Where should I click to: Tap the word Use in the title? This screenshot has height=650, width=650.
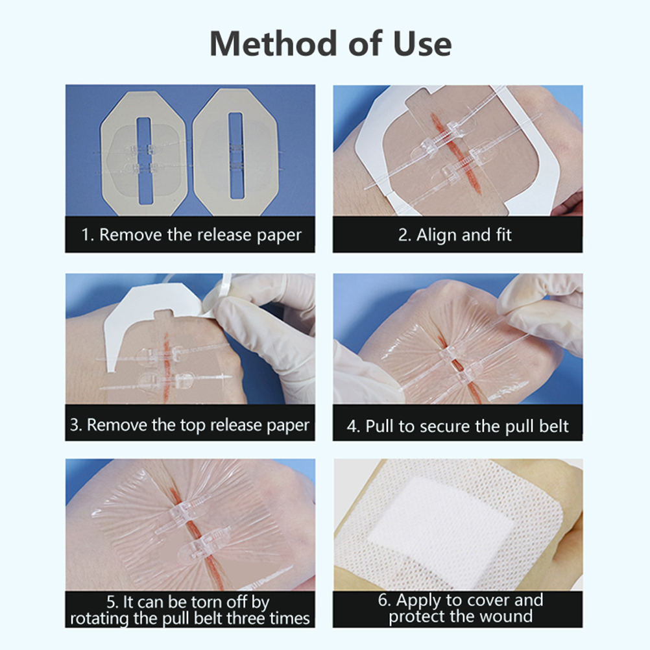[422, 43]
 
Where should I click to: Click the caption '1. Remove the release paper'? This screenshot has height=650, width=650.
[191, 235]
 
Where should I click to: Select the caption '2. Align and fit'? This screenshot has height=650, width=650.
[455, 235]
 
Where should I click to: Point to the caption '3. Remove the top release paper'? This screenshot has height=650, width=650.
[190, 425]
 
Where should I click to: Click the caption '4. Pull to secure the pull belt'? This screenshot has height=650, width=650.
[457, 426]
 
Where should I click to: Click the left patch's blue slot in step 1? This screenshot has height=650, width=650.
[144, 161]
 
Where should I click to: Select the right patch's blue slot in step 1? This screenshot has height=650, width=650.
[235, 156]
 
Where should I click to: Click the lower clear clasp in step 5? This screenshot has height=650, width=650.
[203, 543]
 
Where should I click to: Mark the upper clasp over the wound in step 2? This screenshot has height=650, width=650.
[442, 139]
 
